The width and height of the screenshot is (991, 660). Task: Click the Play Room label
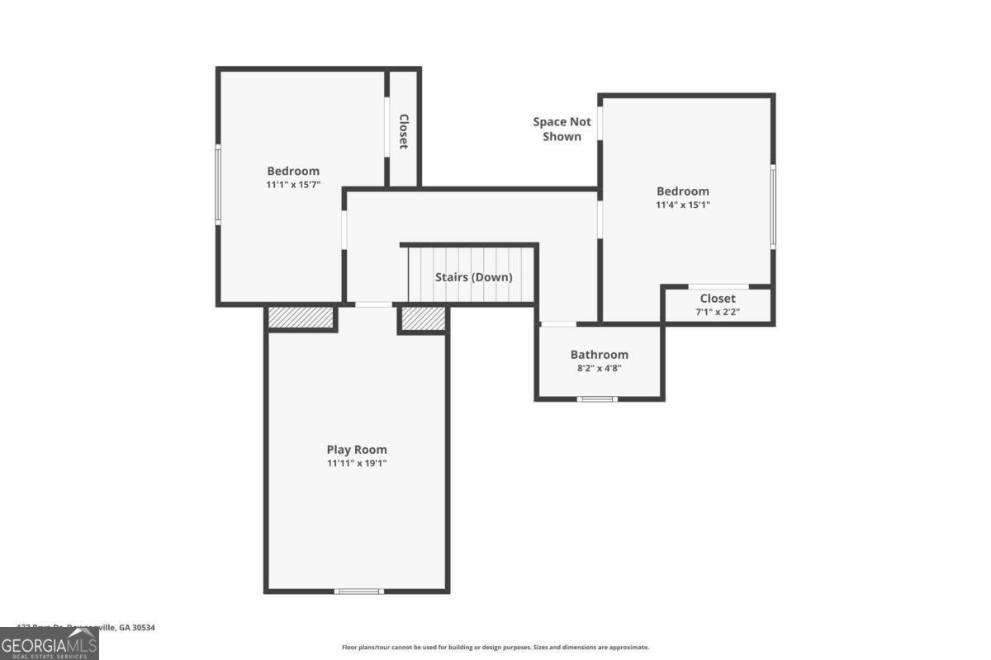[356, 450]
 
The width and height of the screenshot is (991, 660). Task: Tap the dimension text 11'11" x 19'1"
[356, 464]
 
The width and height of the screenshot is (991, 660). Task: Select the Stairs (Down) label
[473, 277]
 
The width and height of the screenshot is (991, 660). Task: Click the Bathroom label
[599, 355]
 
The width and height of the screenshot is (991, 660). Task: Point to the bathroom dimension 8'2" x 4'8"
[599, 369]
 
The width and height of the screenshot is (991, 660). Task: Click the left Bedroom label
[292, 172]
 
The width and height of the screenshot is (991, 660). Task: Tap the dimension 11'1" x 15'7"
[292, 186]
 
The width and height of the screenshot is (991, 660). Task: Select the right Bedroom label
[682, 191]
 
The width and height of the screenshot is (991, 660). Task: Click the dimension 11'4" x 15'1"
[682, 205]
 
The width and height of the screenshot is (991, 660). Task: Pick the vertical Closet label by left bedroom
[404, 131]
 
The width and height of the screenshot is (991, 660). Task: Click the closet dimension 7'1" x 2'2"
[718, 313]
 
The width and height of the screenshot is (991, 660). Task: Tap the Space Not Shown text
[562, 130]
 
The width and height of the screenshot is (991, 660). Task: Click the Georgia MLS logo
[49, 643]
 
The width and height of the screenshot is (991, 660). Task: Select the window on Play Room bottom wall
[359, 591]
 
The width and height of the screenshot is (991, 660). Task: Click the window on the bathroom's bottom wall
[596, 399]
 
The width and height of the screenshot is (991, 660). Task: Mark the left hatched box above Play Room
[301, 317]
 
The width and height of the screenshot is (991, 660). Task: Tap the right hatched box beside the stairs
[423, 318]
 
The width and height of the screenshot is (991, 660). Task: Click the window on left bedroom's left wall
[218, 184]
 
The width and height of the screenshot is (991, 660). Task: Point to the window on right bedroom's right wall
[773, 206]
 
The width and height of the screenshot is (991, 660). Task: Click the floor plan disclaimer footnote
[495, 648]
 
